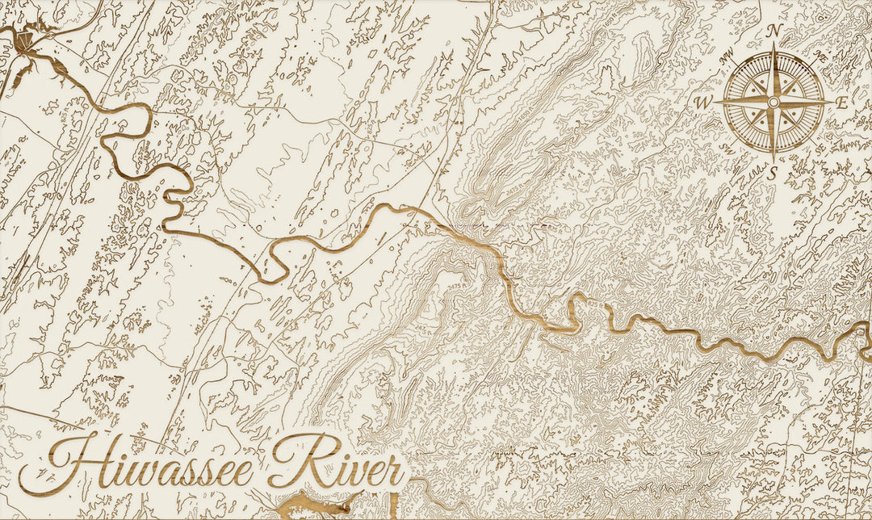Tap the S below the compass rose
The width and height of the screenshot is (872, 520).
772,172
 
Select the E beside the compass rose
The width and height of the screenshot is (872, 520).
841,103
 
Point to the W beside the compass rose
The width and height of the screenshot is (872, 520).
702,103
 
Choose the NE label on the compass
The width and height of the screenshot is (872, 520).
820,57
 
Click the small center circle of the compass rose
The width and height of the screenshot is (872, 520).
773,103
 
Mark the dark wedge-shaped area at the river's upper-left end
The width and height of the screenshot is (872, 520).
21,41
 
